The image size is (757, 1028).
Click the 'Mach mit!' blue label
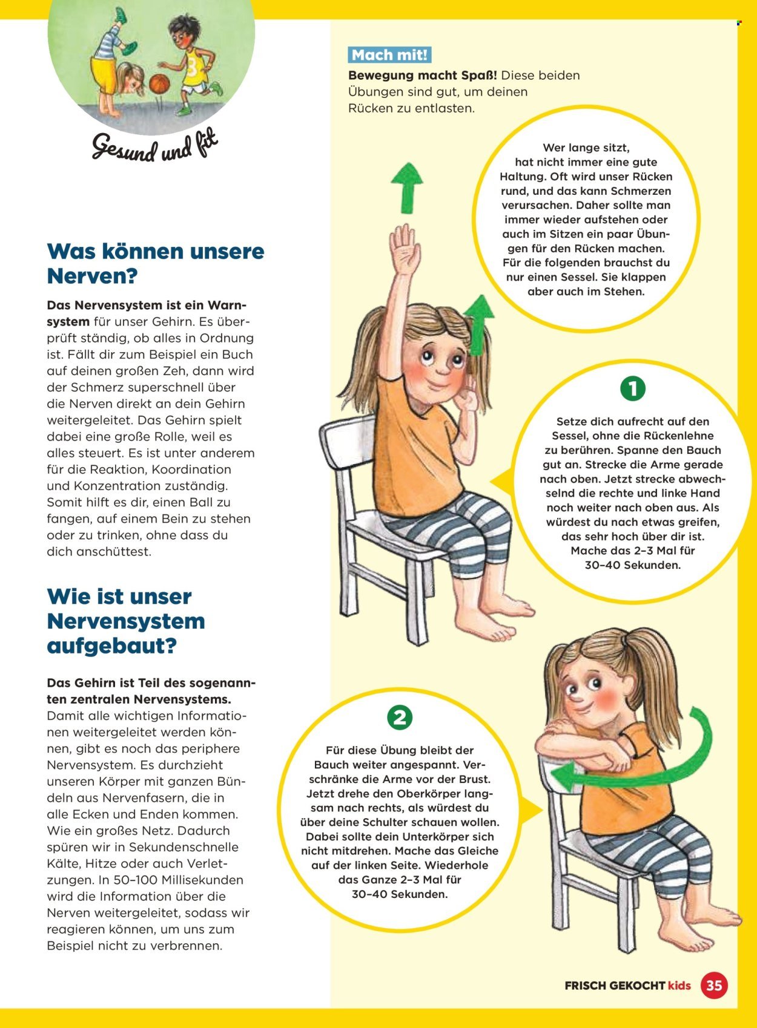coord(390,55)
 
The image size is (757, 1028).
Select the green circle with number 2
coord(399,718)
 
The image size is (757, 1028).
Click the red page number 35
coord(714,985)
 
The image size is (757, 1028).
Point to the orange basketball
coord(160,83)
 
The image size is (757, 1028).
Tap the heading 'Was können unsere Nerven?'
coord(156,263)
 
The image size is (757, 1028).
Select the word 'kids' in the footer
coord(679,986)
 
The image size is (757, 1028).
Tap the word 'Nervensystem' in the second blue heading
coord(126,621)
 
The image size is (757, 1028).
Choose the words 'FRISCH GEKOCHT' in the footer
coord(614,986)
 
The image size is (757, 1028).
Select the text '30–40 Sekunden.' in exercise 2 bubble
coord(399,894)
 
